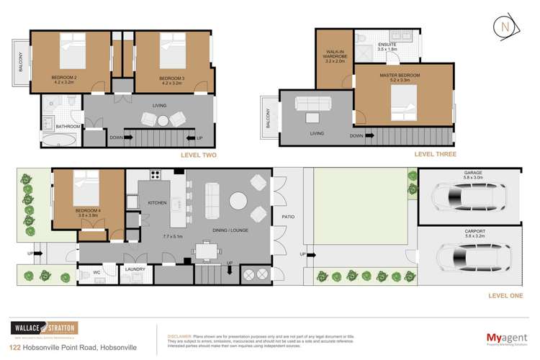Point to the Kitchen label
157,204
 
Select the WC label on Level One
96,272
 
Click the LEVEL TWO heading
198,155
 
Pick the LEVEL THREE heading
433,155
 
